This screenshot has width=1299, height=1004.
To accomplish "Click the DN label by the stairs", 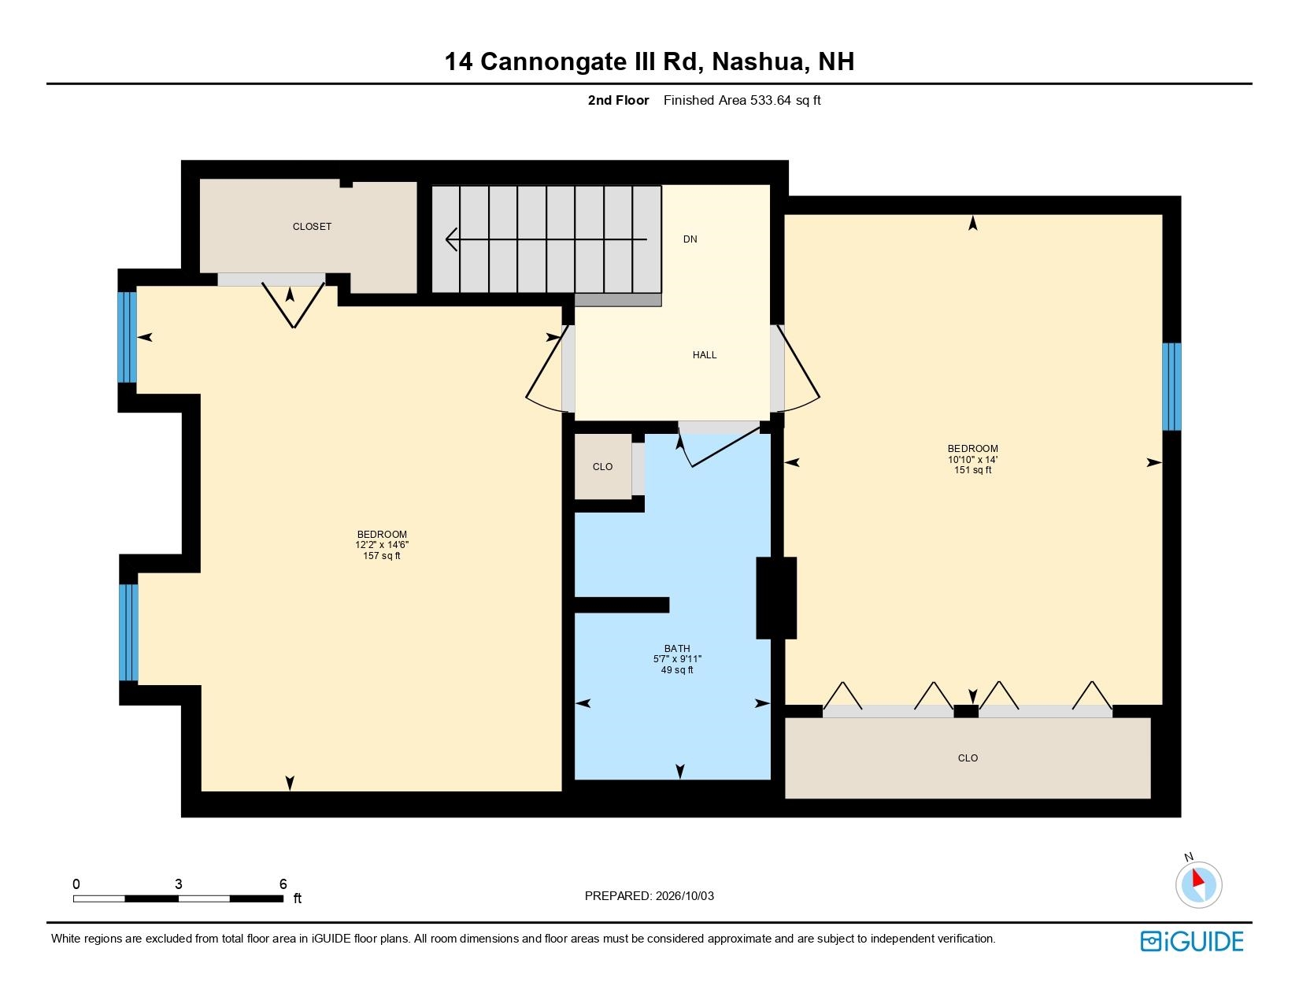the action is click(x=690, y=239).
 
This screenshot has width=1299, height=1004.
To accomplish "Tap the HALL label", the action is click(x=704, y=355).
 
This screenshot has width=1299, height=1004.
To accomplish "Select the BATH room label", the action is click(x=677, y=648).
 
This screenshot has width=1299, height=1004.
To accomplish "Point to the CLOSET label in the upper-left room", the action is click(x=312, y=227).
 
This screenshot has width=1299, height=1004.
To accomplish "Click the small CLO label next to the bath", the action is click(x=602, y=467).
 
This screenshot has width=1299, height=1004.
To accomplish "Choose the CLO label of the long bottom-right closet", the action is click(x=968, y=758).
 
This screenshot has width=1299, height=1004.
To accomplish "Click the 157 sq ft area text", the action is click(x=381, y=556).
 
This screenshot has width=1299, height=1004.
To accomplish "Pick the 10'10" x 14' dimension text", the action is click(x=972, y=460).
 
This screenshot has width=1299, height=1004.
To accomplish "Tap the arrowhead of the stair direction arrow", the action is click(x=451, y=240).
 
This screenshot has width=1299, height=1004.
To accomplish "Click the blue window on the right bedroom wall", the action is click(x=1171, y=387).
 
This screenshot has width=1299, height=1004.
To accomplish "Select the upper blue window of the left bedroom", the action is click(x=128, y=337).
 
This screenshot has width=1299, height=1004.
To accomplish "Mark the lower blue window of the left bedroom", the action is click(x=128, y=632).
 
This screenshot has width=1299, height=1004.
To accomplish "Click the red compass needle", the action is click(x=1197, y=878).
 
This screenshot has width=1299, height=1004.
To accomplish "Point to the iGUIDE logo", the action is click(x=1191, y=941).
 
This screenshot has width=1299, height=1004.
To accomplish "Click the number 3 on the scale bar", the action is click(x=178, y=884).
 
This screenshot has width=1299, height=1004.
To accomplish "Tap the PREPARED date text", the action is click(x=649, y=896).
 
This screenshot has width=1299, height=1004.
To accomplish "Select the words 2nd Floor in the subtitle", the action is click(x=618, y=101).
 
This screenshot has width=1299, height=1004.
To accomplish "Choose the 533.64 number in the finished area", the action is click(x=771, y=101).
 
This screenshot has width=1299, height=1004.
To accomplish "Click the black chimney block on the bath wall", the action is click(x=776, y=598).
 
